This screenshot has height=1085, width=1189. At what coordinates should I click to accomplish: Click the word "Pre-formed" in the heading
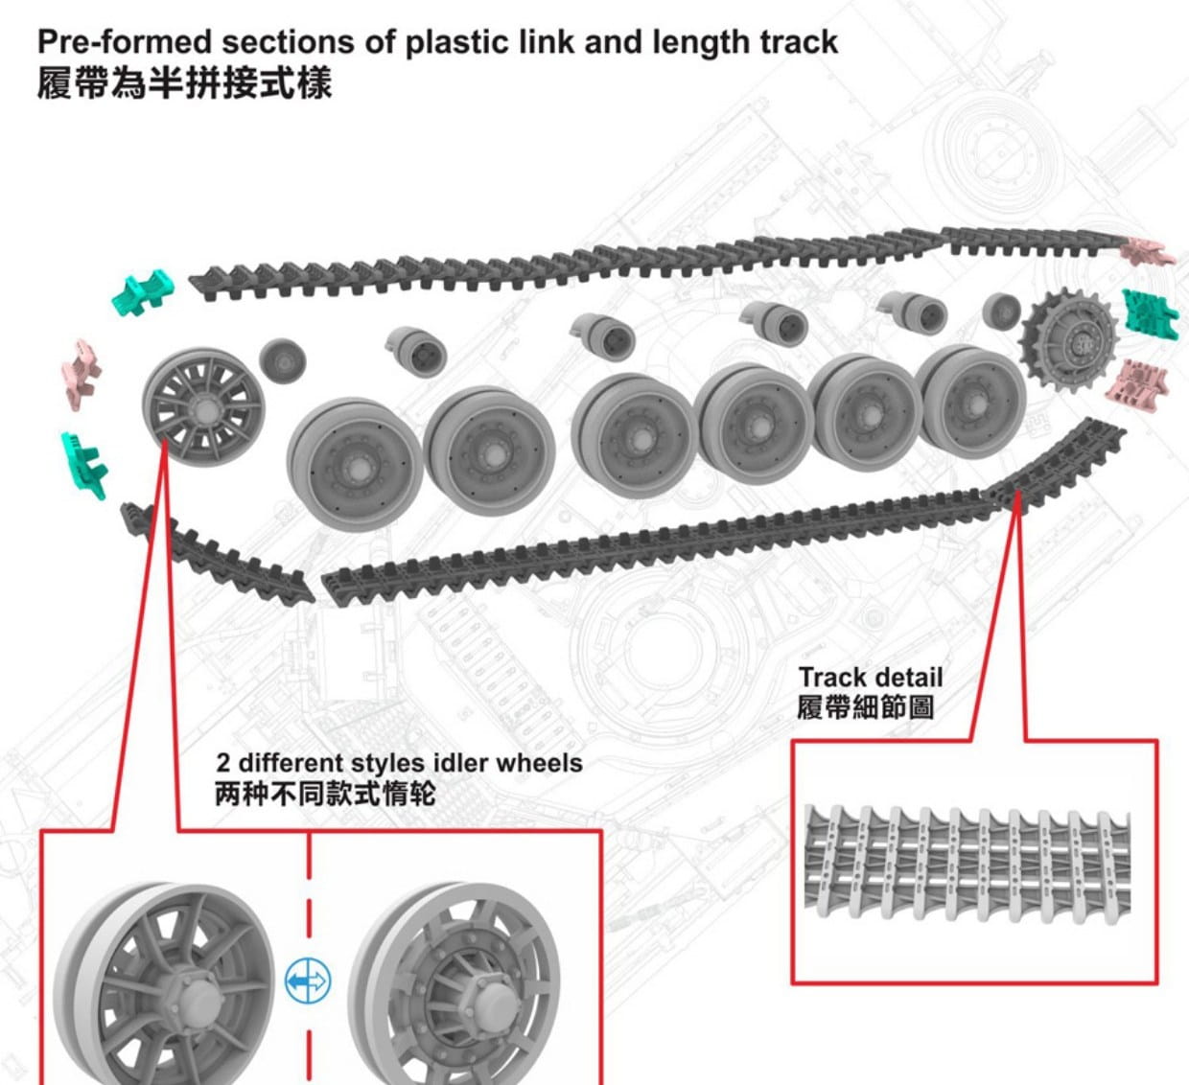(x=123, y=42)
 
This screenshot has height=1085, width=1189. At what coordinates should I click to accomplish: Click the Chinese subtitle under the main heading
(x=184, y=82)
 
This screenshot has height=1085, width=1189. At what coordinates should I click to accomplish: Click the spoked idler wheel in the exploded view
(x=202, y=406)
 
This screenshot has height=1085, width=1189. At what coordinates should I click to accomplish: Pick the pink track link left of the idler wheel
(x=82, y=371)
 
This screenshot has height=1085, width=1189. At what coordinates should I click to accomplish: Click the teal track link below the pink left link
(x=84, y=465)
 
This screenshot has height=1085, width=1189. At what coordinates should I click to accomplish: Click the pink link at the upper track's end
(x=1148, y=251)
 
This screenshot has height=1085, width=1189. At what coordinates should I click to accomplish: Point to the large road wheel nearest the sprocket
(x=969, y=398)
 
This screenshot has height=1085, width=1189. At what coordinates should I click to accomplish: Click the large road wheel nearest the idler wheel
(x=354, y=464)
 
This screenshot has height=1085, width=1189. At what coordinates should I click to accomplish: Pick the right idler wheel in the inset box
(x=455, y=987)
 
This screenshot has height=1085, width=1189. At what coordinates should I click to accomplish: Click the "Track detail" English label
(x=871, y=678)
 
